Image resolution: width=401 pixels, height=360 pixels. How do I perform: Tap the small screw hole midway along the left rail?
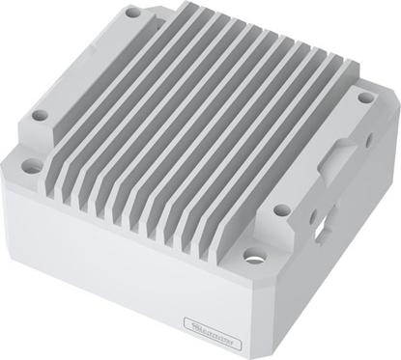40,115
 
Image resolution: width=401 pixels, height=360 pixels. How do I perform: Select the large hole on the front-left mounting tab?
32,166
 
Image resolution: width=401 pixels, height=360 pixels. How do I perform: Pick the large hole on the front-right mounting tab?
255,257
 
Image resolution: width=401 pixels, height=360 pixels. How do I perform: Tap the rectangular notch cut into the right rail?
339,156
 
